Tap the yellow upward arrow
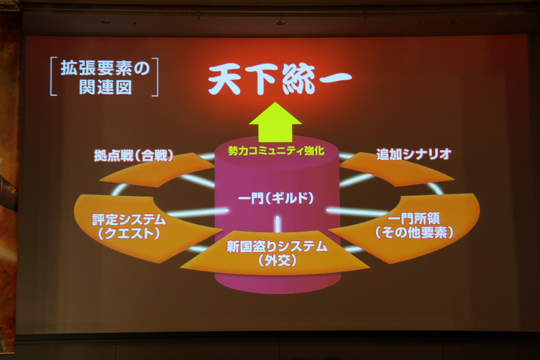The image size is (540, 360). click(275, 122)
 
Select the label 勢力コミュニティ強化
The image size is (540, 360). click(276, 151)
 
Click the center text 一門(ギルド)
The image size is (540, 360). click(276, 198)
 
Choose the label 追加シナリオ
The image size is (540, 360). click(413, 154)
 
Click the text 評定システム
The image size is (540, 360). click(129, 220)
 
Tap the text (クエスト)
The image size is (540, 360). click(129, 233)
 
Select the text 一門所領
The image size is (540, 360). click(414, 219)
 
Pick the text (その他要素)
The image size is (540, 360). click(414, 232)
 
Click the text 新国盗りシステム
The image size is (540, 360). click(277, 247)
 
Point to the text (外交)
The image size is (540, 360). click(277, 260)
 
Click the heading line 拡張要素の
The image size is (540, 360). click(105, 68)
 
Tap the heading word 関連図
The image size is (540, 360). click(105, 87)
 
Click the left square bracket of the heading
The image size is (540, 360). click(53, 76)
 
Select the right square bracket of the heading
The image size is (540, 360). click(156, 77)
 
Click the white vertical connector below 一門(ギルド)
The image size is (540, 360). click(277, 223)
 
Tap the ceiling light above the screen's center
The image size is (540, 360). click(281, 23)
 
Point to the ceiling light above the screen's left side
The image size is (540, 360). click(105, 21)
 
